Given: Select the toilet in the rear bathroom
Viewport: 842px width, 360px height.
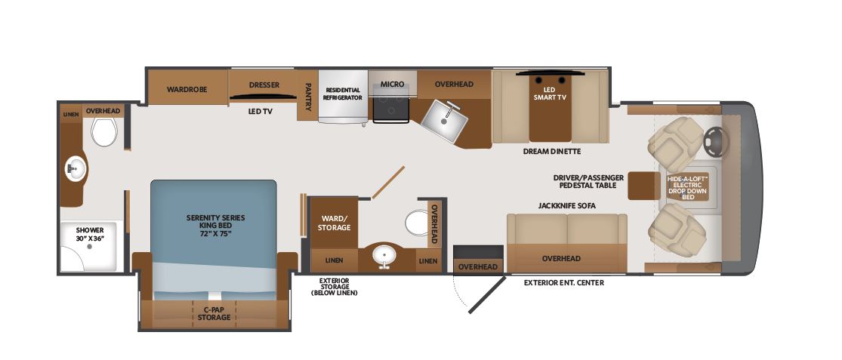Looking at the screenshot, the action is point(104,131).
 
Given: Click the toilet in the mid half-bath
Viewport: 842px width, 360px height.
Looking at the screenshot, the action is point(416,223).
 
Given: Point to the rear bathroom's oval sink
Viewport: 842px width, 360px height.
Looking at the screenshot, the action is point(76,168).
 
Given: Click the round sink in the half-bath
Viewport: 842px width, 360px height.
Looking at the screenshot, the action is point(384,256).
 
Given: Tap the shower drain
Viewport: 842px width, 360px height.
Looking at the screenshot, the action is point(90,247).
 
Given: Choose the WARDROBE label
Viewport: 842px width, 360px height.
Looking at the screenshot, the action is point(187,90).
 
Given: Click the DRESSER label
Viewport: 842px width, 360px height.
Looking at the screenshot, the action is point(264,85).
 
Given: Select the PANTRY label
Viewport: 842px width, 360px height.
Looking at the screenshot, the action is point(308,96).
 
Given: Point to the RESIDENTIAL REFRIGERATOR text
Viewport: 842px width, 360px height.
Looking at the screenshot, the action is point(343,94).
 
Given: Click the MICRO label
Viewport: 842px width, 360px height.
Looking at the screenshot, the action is point(392,85).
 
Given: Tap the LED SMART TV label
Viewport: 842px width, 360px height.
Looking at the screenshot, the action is point(550,93).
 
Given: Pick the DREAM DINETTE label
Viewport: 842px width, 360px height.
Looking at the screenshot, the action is point(552,151).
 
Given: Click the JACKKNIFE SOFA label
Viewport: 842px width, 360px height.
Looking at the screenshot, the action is point(567,205).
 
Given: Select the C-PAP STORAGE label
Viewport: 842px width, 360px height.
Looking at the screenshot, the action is point(214,313).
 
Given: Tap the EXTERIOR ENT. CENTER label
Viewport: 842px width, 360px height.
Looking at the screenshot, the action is point(564,283).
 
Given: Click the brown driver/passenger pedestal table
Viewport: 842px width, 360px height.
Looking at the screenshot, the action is point(644,186).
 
